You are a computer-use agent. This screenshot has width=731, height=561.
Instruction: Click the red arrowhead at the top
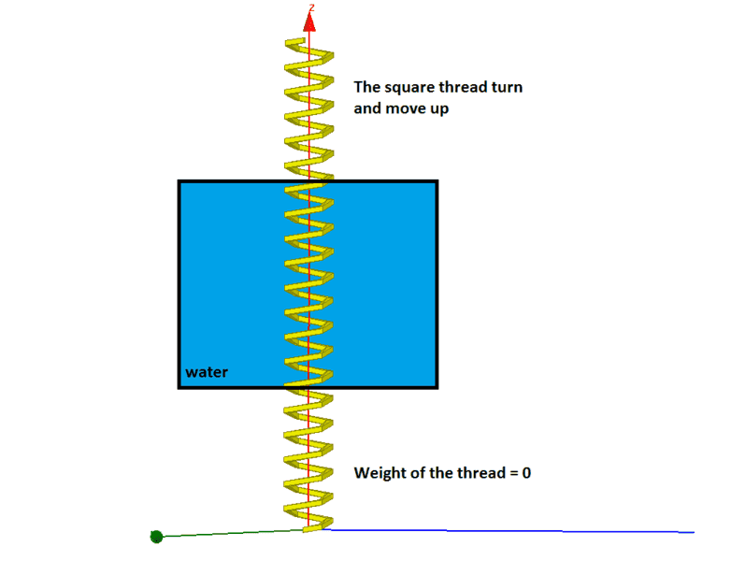tap(309, 22)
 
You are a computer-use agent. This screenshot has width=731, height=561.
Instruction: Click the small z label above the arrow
tap(312, 7)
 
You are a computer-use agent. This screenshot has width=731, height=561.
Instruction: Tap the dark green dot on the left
tap(157, 537)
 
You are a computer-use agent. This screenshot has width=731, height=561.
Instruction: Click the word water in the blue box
tap(207, 372)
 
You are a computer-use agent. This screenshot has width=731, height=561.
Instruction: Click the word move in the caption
tap(405, 108)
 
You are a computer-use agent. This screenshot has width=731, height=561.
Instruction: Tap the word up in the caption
tap(439, 110)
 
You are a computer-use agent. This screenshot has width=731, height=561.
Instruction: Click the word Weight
tap(380, 473)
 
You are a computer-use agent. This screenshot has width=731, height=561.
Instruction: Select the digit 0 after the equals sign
tap(526, 473)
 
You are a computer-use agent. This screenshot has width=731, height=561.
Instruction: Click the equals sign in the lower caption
tap(514, 474)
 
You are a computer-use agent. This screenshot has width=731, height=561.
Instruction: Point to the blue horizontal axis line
tap(508, 531)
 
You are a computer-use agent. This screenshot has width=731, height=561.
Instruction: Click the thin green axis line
tap(230, 534)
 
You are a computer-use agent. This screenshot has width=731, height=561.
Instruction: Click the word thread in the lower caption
tap(480, 473)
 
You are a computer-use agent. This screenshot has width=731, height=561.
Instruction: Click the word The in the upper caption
tap(367, 87)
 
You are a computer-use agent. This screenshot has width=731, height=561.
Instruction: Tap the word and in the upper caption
tap(367, 108)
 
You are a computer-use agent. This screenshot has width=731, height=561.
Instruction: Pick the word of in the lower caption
tap(418, 473)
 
